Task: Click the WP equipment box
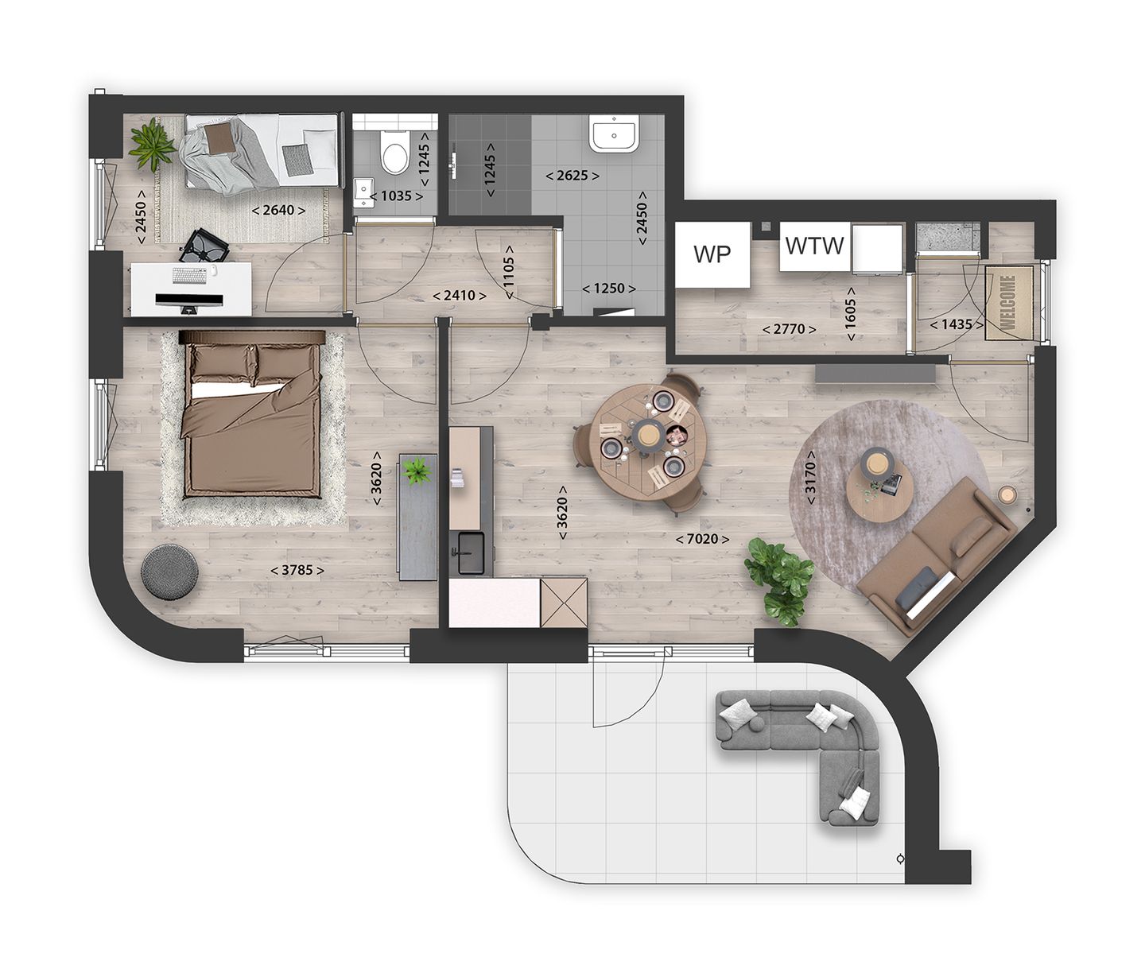712,254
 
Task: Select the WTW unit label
814,246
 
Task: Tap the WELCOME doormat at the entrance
1007,302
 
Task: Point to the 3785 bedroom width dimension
297,570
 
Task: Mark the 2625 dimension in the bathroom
572,175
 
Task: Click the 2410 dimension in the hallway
460,296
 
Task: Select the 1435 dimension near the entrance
957,324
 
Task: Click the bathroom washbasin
613,134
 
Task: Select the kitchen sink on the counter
472,552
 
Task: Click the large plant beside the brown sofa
781,578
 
